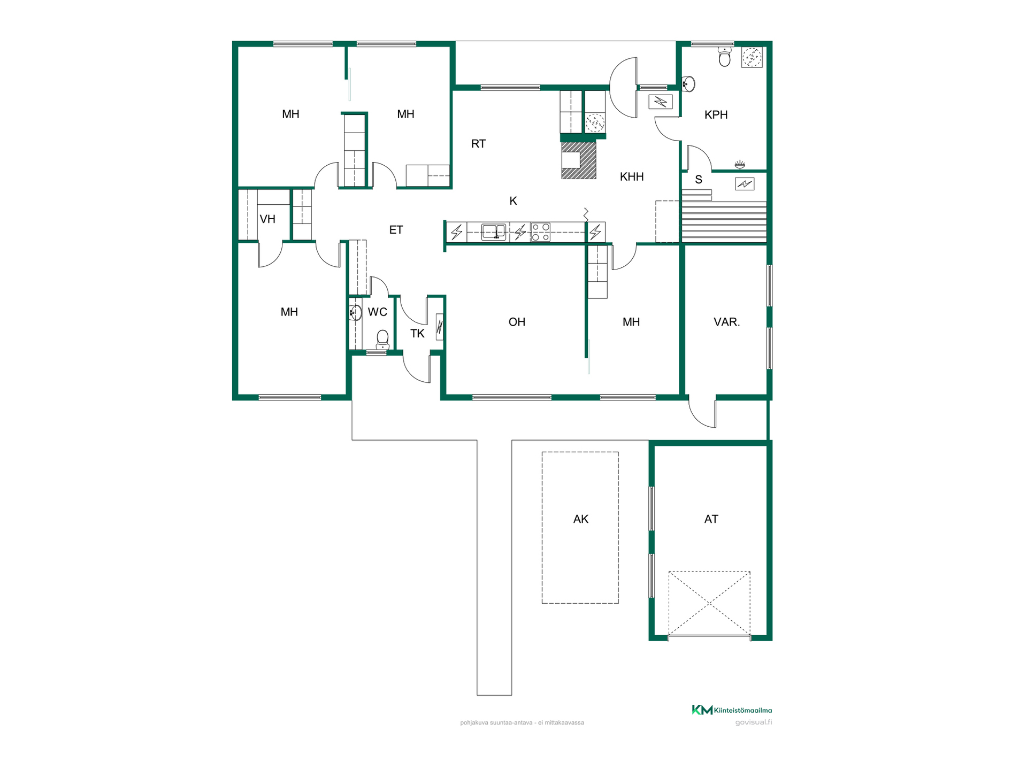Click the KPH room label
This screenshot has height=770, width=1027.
[x=716, y=114]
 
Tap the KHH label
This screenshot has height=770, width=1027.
[x=632, y=176]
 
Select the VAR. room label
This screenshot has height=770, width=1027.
[x=726, y=322]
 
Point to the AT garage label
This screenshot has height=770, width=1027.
[x=711, y=519]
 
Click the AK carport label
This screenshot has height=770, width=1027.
[x=581, y=519]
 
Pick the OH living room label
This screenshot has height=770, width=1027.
[x=517, y=322]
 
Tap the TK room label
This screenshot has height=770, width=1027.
[x=417, y=334]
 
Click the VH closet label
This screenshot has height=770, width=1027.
[x=267, y=219]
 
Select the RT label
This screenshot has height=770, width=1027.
[x=478, y=143]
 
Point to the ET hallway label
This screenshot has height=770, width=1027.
[x=396, y=230]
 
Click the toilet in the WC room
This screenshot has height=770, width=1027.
[x=382, y=339]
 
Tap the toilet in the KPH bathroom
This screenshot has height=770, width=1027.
[x=725, y=57]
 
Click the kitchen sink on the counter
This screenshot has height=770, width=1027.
[x=494, y=232]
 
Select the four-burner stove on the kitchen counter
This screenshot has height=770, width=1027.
[x=540, y=232]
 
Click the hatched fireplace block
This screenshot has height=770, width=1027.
[x=578, y=159]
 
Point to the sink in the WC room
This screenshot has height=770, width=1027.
[x=355, y=312]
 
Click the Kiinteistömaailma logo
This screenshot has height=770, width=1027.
[x=732, y=710]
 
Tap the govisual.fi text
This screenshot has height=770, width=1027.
[x=753, y=722]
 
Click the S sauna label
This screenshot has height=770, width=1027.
[x=699, y=180]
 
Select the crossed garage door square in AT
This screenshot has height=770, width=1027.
[x=709, y=604]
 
